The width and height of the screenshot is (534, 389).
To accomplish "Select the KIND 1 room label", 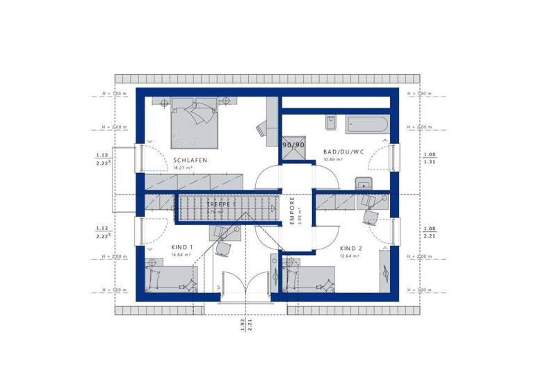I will click(x=181, y=247).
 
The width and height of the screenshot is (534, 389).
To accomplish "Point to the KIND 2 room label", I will click(x=351, y=248).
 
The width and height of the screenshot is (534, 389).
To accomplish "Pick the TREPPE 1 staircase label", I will click(x=221, y=206).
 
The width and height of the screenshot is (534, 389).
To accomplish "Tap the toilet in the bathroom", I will click(x=331, y=124).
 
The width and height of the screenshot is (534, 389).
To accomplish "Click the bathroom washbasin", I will click(x=362, y=184).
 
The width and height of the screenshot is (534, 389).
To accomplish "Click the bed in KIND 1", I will click(x=172, y=279).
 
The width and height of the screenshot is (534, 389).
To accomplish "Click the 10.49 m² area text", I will click(x=335, y=160).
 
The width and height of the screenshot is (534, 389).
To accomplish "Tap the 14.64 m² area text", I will click(x=181, y=256).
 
